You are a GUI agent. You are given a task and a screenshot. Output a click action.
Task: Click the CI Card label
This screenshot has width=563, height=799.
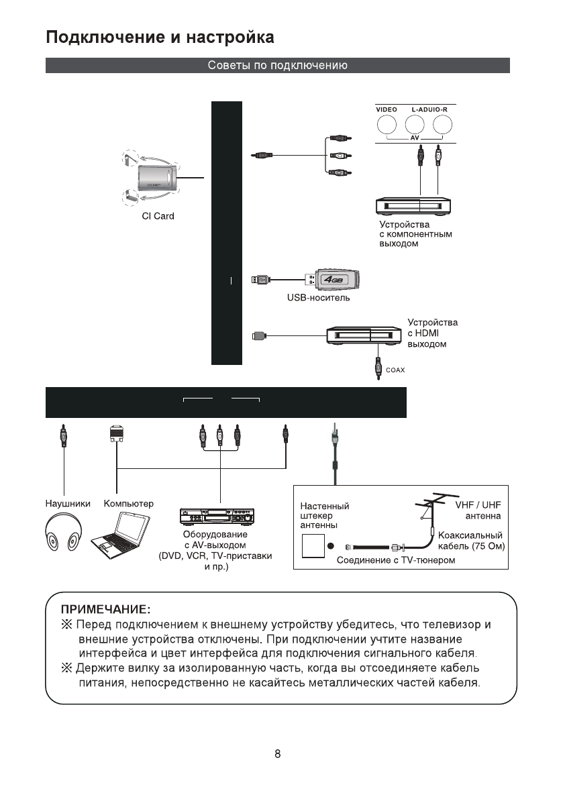(158, 216)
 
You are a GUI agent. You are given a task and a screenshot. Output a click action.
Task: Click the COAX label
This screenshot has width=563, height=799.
(396, 370)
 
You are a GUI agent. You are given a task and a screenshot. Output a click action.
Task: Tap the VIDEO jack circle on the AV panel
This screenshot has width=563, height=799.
(387, 125)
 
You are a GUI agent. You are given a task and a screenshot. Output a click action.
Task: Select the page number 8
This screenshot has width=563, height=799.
(277, 753)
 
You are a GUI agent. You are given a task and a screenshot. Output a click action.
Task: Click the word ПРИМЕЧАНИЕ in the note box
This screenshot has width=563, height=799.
(105, 609)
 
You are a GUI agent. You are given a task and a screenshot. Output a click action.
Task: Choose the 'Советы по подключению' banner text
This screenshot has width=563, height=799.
(277, 66)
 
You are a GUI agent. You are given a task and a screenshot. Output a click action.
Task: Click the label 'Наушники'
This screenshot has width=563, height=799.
(68, 503)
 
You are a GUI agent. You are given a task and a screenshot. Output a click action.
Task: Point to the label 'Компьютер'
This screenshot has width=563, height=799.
(129, 503)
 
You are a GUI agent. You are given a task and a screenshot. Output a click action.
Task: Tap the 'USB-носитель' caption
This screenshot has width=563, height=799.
(319, 297)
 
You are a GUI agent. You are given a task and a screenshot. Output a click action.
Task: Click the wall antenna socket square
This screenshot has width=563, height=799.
(313, 545)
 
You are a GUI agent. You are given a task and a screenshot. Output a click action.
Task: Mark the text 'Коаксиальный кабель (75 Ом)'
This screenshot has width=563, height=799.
(470, 541)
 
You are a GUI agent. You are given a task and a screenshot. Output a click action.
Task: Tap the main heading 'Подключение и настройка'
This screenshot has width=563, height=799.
(160, 37)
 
